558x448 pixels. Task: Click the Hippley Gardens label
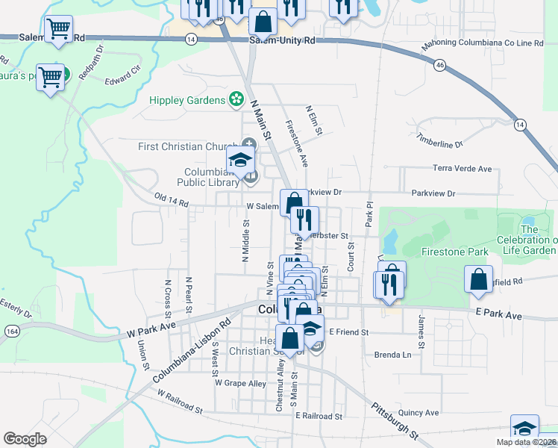pyautogui.click(x=187, y=100)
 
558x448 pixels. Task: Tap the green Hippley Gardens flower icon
pyautogui.click(x=236, y=99)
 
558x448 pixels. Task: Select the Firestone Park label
pyautogui.click(x=454, y=252)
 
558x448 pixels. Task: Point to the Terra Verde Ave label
pyautogui.click(x=463, y=169)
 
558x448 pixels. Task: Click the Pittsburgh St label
pyautogui.click(x=396, y=421)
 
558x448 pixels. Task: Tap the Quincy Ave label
pyautogui.click(x=418, y=412)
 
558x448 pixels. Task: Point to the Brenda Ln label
pyautogui.click(x=392, y=355)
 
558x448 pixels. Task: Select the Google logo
pyautogui.click(x=25, y=439)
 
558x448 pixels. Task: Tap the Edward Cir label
pyautogui.click(x=122, y=78)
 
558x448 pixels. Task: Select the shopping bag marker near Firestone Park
pyautogui.click(x=478, y=279)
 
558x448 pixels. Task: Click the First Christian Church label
pyautogui.click(x=187, y=146)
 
